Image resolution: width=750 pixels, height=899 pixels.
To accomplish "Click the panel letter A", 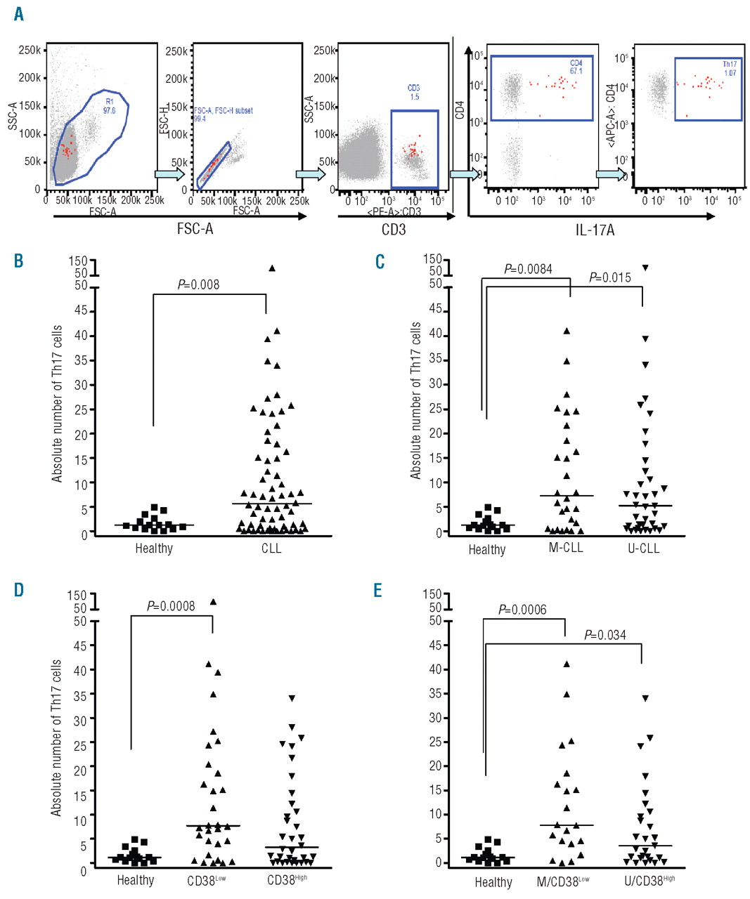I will tap(18, 13).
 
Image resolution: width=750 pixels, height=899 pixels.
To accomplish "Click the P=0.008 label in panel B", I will tap(198, 284).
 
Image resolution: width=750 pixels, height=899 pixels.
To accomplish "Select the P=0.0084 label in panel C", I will tap(528, 269).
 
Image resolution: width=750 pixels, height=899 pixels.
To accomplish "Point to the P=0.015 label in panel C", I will tap(609, 278).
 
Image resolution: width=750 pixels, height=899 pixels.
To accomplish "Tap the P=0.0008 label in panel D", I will tap(171, 606).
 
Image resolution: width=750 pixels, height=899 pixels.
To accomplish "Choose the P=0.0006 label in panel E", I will tap(522, 610).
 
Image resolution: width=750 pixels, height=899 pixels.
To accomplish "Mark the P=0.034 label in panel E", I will tap(605, 635).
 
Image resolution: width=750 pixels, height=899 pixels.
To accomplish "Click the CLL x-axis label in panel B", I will tap(271, 549).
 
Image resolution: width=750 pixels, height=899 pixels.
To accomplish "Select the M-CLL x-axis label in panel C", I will tap(566, 548).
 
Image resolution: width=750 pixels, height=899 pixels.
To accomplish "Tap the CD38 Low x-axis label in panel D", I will tap(206, 880).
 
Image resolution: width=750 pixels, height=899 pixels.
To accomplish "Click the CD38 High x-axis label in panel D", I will tap(287, 880).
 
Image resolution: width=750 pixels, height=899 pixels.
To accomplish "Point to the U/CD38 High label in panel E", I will tap(649, 881).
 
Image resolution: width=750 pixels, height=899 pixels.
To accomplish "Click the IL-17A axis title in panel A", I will tap(595, 230).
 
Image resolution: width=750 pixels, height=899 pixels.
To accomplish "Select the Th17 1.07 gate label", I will tap(730, 69).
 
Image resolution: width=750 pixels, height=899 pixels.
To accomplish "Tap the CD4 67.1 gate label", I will tap(576, 67).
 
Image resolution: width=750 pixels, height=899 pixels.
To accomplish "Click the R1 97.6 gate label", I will tap(110, 105).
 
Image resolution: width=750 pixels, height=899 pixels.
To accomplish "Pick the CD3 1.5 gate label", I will tap(414, 92).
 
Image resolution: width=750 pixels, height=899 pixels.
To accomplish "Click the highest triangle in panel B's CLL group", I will tap(272, 268).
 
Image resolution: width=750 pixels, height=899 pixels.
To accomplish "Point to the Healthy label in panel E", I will tap(493, 881).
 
